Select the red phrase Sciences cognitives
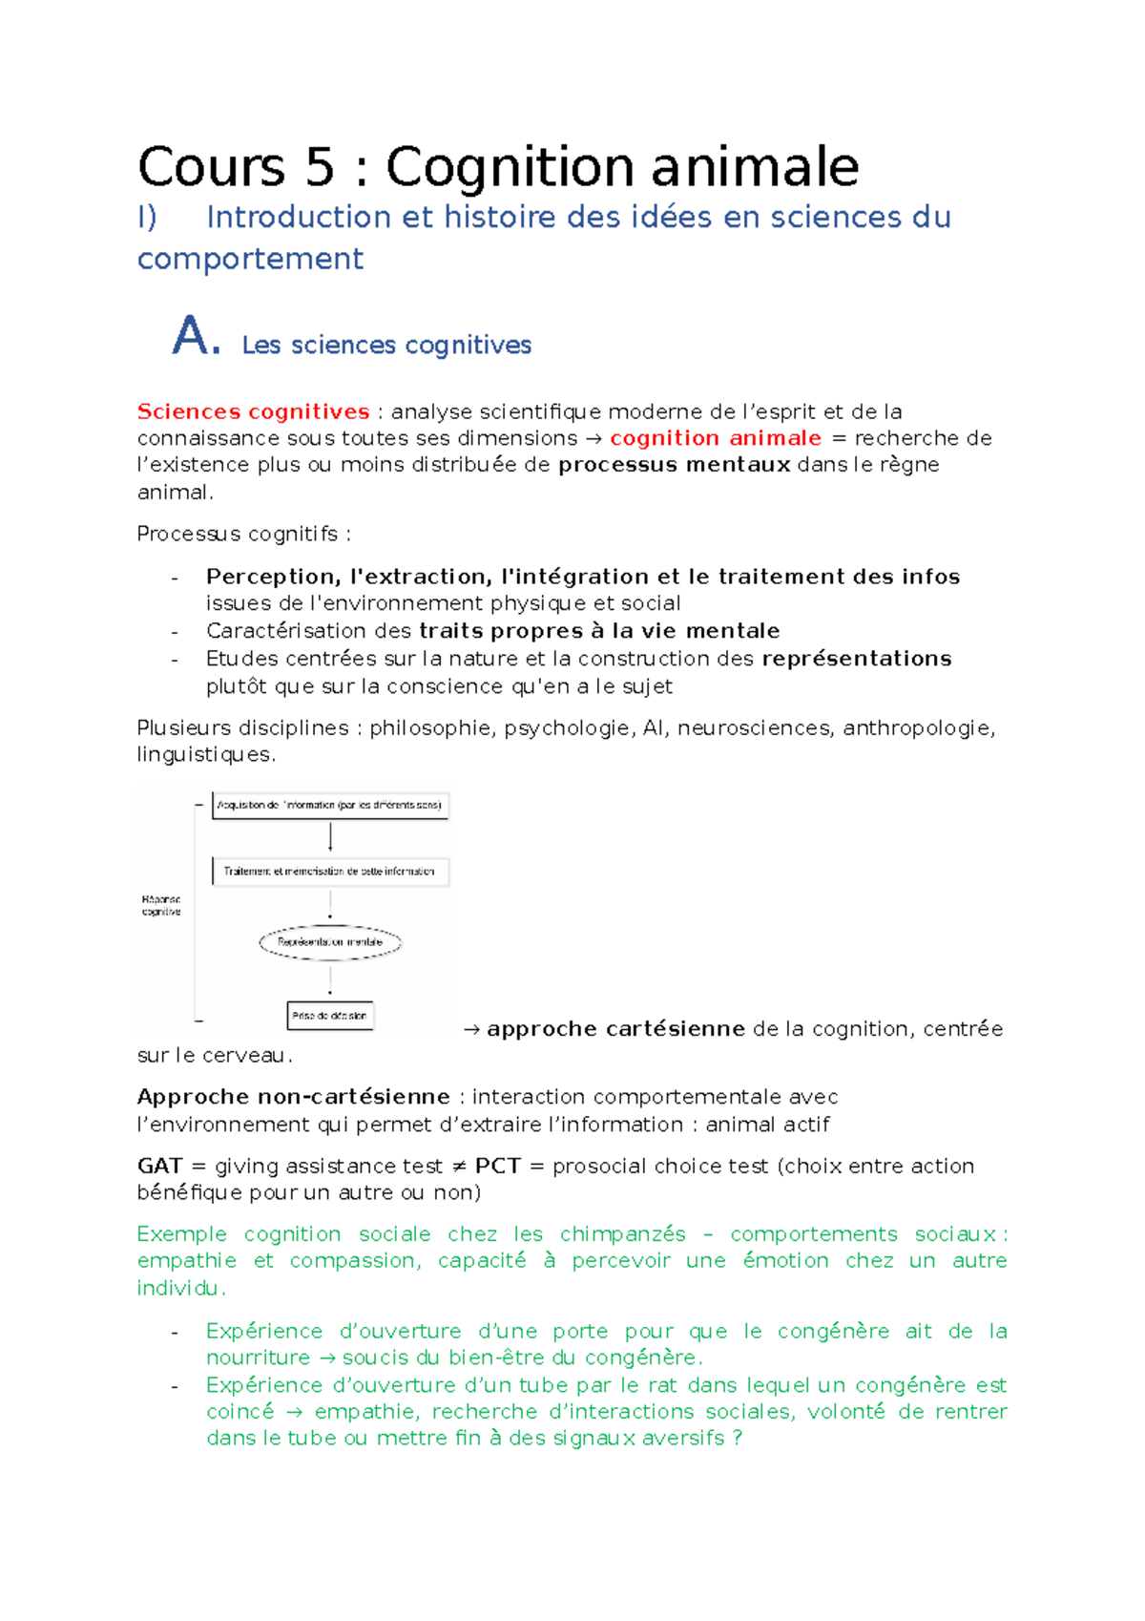tap(253, 412)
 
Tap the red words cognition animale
tap(716, 438)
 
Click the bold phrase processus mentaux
tap(675, 465)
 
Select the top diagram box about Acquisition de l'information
tap(329, 806)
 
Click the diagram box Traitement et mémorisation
tap(329, 872)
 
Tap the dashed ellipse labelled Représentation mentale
tap(330, 942)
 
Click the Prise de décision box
tap(329, 1016)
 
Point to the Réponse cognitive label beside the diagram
tap(161, 906)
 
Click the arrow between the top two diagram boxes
tap(330, 837)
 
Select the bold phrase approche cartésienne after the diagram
tap(615, 1029)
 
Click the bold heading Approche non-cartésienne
tap(293, 1097)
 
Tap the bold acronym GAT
tap(159, 1167)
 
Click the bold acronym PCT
tap(497, 1167)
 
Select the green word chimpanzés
tap(622, 1234)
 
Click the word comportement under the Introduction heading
tap(250, 260)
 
